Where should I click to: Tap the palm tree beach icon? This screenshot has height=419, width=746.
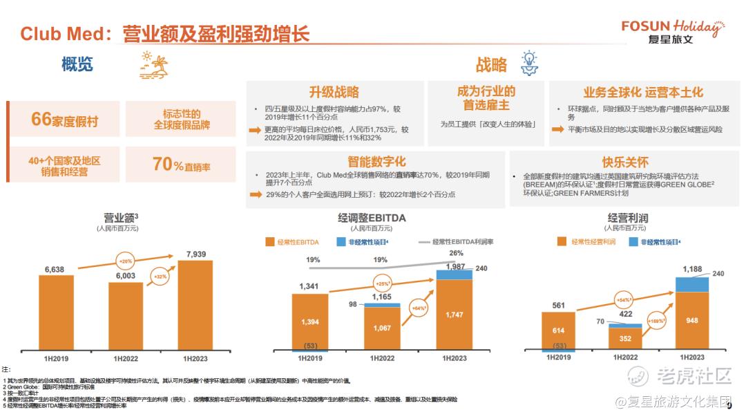[x=154, y=63]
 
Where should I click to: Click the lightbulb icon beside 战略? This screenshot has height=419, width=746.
[x=528, y=63]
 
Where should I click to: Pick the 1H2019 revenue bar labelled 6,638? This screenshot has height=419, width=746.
[x=57, y=313]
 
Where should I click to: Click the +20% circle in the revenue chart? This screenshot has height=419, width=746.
[x=126, y=262]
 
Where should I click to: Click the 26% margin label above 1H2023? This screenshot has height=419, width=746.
[x=456, y=253]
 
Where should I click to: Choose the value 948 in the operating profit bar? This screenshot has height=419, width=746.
[x=691, y=320]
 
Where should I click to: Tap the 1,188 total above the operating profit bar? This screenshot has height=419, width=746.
[x=692, y=269]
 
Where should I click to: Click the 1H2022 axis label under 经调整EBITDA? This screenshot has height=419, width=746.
[x=381, y=357]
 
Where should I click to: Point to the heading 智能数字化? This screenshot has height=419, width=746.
[x=376, y=162]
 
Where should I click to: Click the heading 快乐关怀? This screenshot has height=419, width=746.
[x=625, y=162]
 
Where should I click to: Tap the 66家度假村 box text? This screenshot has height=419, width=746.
[x=64, y=120]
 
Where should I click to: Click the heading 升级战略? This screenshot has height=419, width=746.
[x=334, y=92]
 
